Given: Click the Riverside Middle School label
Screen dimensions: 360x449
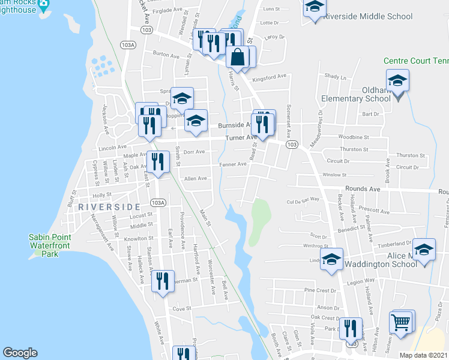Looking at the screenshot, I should pyautogui.click(x=367, y=16).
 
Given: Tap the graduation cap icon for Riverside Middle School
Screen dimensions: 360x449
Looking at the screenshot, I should pyautogui.click(x=314, y=7).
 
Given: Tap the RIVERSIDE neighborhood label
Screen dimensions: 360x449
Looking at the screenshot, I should pyautogui.click(x=109, y=206).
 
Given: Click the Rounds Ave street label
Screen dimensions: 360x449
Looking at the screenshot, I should pyautogui.click(x=363, y=189).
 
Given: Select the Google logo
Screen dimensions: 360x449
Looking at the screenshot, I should pyautogui.click(x=20, y=353).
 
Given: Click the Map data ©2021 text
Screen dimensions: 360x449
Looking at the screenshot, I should pyautogui.click(x=422, y=355).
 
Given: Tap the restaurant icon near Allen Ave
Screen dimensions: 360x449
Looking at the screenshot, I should pyautogui.click(x=157, y=161).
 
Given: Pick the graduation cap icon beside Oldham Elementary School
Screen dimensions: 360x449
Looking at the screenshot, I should pyautogui.click(x=397, y=80).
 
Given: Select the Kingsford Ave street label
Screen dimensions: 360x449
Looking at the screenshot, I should pyautogui.click(x=270, y=77).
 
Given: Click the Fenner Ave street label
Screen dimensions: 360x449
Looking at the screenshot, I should pyautogui.click(x=233, y=164).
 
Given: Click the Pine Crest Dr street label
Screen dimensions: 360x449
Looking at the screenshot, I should pyautogui.click(x=320, y=290).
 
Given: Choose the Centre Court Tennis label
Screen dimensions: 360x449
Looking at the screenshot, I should pyautogui.click(x=416, y=61).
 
